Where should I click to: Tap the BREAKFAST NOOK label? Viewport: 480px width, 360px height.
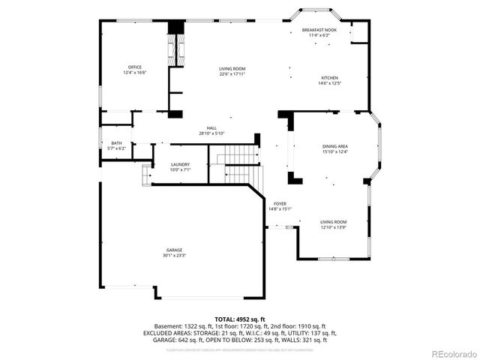(x=319, y=30)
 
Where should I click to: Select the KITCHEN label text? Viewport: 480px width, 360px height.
(x=330, y=78)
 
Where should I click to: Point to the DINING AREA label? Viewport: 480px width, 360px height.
(x=334, y=147)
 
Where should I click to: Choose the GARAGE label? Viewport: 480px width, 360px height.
(x=174, y=250)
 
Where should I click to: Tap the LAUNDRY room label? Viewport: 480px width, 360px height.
(x=180, y=164)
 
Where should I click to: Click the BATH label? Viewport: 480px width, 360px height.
(x=116, y=143)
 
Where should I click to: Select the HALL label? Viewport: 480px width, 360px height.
(x=211, y=128)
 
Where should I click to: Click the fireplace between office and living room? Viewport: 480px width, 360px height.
(x=177, y=52)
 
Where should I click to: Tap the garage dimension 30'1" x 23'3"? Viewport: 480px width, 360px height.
(x=174, y=256)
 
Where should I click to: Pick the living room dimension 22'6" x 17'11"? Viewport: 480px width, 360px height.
(x=232, y=73)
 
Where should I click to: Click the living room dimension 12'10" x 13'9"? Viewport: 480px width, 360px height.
(x=334, y=227)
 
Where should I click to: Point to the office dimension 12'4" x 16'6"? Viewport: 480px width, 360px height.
(x=135, y=73)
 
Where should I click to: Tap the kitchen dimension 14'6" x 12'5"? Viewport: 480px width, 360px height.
(x=330, y=83)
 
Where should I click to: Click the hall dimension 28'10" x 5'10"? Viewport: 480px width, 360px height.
(x=211, y=133)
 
